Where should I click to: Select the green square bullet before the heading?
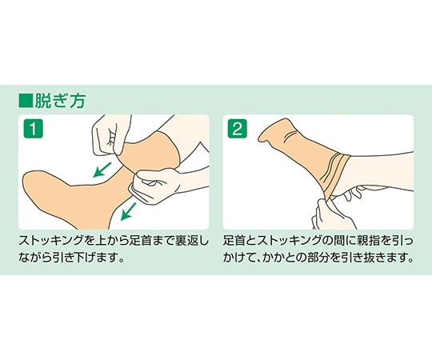pos(25,102)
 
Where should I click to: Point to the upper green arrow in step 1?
pos(101,169)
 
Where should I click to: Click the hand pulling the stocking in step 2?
pos(333,212)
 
